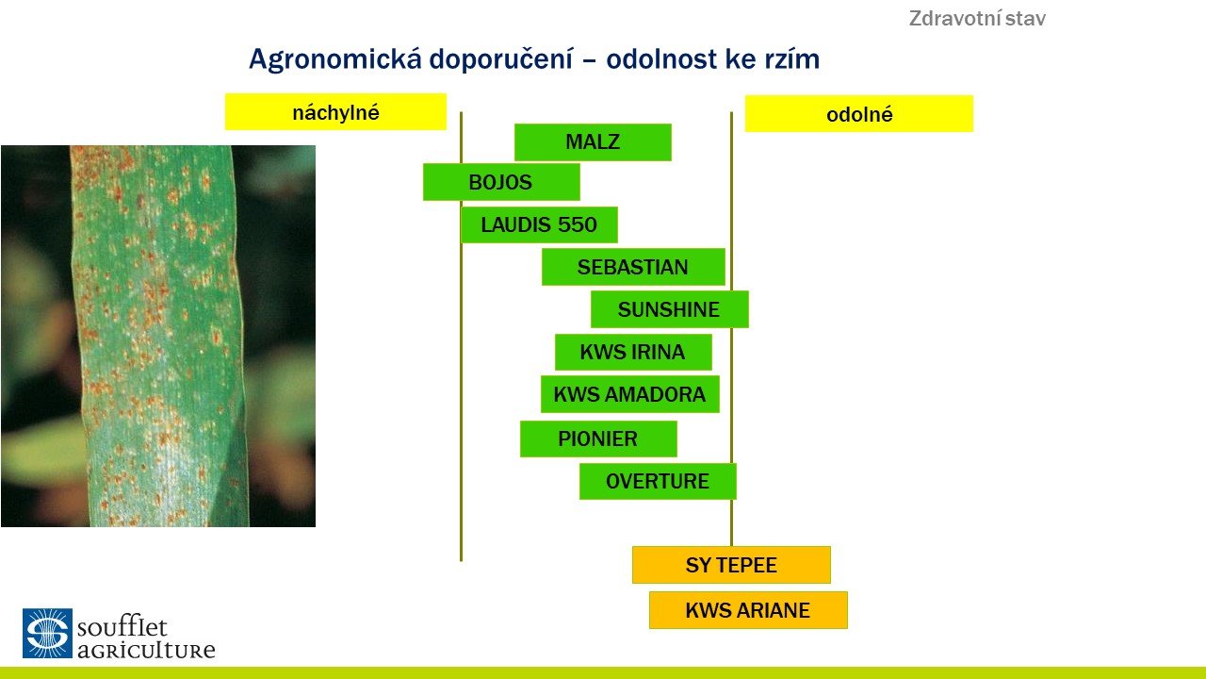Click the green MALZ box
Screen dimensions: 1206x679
click(593, 142)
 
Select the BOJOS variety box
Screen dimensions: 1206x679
click(501, 182)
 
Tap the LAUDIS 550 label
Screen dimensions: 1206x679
click(539, 224)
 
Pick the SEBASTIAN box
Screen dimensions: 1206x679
click(633, 267)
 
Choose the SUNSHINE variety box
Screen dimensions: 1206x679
click(669, 309)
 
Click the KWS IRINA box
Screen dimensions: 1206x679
click(633, 352)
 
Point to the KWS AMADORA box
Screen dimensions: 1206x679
click(630, 394)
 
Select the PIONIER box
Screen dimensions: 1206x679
click(598, 439)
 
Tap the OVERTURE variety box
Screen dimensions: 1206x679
click(658, 481)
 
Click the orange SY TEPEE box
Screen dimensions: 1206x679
click(731, 565)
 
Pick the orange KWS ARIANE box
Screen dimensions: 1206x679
click(748, 610)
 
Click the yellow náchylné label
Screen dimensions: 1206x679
click(335, 112)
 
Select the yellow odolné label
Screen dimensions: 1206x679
click(859, 114)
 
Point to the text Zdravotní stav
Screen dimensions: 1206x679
click(977, 19)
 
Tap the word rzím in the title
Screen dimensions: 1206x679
click(792, 59)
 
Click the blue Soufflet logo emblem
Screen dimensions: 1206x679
click(47, 633)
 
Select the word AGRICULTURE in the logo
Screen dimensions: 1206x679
click(146, 650)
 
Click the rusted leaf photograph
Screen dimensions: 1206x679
click(158, 337)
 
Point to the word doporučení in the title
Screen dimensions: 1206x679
click(500, 60)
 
